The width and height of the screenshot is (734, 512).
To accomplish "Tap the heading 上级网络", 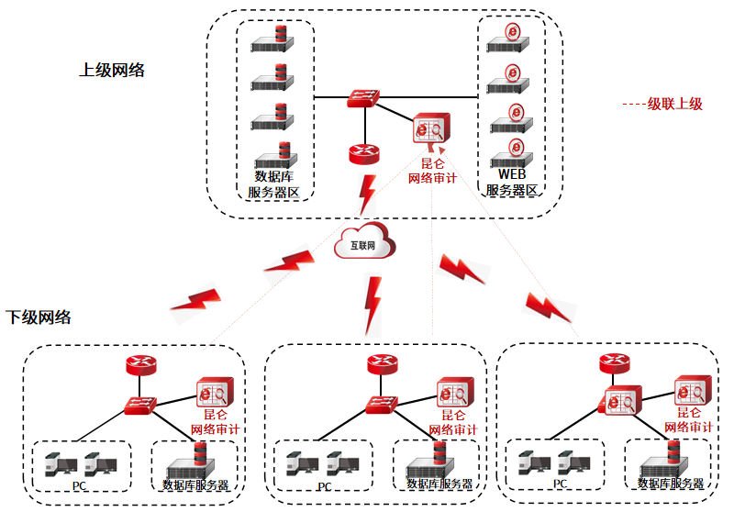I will coord(112,70).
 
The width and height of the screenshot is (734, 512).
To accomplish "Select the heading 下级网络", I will coord(39,317).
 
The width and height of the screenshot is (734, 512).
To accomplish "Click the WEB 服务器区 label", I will coord(511,183).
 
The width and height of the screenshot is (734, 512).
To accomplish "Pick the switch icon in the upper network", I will coord(364,98).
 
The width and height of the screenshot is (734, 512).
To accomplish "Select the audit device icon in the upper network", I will coord(430,130).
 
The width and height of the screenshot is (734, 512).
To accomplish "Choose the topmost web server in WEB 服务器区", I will coord(510,38).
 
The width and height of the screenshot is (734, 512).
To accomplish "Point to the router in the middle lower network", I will coord(382,363).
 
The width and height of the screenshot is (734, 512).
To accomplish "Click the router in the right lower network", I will coord(614,363).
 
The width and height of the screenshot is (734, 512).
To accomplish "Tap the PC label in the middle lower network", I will coord(324,485).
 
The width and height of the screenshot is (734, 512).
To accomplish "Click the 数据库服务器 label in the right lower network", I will coord(671,484).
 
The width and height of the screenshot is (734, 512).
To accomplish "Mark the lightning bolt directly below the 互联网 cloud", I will coord(373,303).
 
